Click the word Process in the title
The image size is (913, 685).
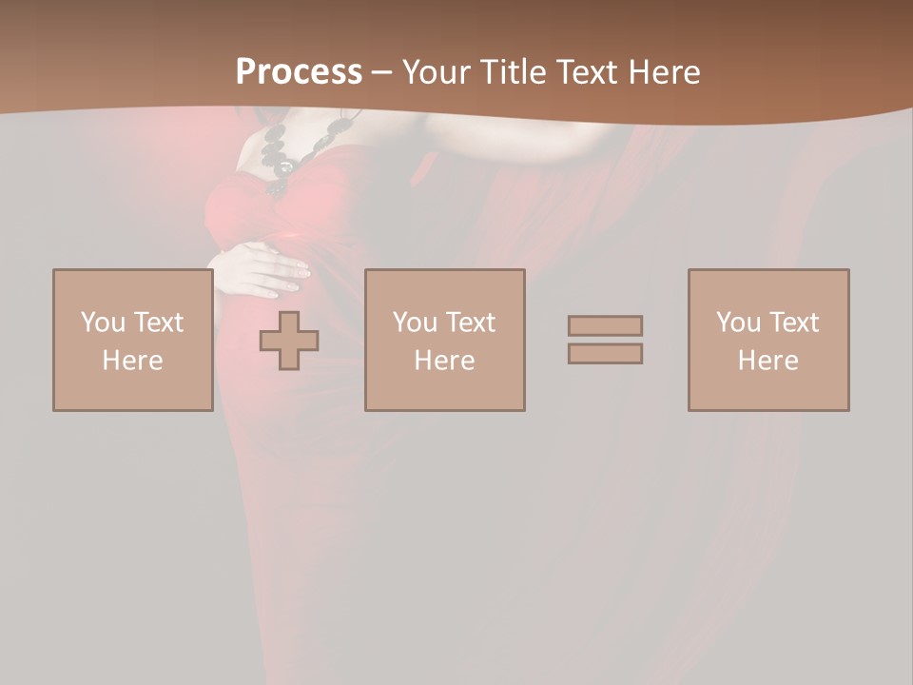click(299, 72)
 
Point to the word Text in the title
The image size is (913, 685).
click(586, 72)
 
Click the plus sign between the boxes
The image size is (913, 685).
click(289, 341)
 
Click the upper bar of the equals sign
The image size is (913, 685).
click(605, 325)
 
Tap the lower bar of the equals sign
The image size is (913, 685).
click(605, 353)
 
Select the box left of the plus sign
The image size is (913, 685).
click(132, 340)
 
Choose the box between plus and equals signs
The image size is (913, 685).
click(444, 340)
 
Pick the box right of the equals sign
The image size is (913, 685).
click(767, 340)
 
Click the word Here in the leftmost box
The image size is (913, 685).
click(132, 361)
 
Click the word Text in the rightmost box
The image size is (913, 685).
click(792, 323)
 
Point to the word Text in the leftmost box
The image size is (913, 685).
click(157, 323)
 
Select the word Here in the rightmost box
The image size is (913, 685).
click(767, 361)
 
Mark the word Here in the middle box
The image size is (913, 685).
click(444, 361)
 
